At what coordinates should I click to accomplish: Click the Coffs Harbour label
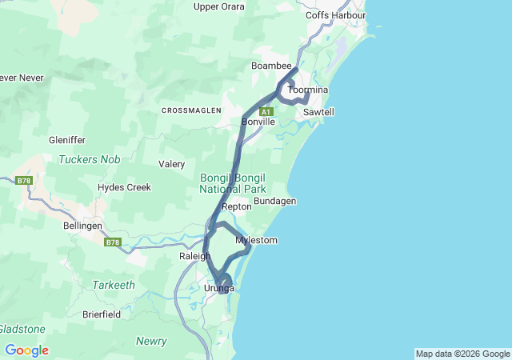(x=335, y=15)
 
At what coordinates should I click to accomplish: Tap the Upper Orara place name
(x=218, y=6)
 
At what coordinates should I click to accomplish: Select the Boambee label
(x=269, y=65)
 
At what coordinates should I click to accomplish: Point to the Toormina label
(x=308, y=90)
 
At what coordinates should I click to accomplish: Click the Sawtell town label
(x=318, y=113)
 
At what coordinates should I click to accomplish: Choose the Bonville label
(x=258, y=122)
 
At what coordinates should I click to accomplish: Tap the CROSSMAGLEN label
(x=191, y=110)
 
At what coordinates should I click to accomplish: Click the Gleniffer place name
(x=66, y=140)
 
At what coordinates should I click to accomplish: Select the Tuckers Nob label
(x=89, y=159)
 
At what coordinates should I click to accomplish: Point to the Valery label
(x=171, y=164)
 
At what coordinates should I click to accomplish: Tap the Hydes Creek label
(x=124, y=187)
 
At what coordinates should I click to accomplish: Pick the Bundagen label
(x=274, y=201)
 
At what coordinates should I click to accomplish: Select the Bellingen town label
(x=83, y=226)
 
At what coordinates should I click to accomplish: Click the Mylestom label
(x=256, y=240)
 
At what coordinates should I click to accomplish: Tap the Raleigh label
(x=194, y=256)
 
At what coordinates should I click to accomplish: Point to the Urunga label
(x=219, y=288)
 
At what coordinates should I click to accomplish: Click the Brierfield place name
(x=102, y=314)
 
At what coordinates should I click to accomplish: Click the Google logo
(x=26, y=350)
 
